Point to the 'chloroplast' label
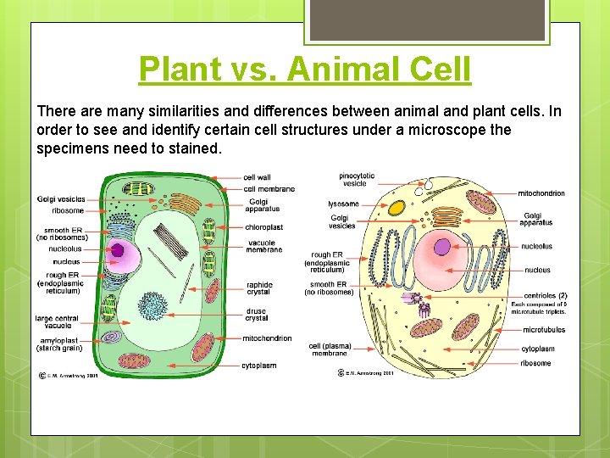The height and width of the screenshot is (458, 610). (x=264, y=227)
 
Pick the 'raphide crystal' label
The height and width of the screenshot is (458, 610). (x=259, y=288)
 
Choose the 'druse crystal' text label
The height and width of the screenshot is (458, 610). (x=256, y=315)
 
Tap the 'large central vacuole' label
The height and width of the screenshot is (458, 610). (x=57, y=322)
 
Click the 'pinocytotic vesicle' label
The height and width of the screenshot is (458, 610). (x=358, y=179)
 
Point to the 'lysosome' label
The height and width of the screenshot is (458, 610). (x=343, y=204)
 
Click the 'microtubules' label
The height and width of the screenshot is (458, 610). (x=544, y=330)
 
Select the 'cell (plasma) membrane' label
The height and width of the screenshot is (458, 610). (x=330, y=349)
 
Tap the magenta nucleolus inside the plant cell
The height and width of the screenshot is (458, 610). (x=117, y=250)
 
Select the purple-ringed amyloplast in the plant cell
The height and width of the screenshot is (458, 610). (x=112, y=338)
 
